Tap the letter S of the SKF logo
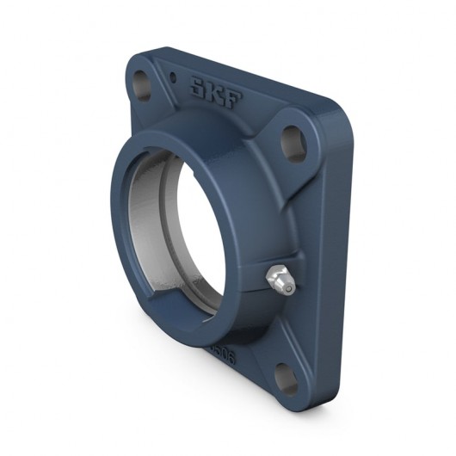tap(196, 84)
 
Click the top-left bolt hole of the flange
tap(140, 83)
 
